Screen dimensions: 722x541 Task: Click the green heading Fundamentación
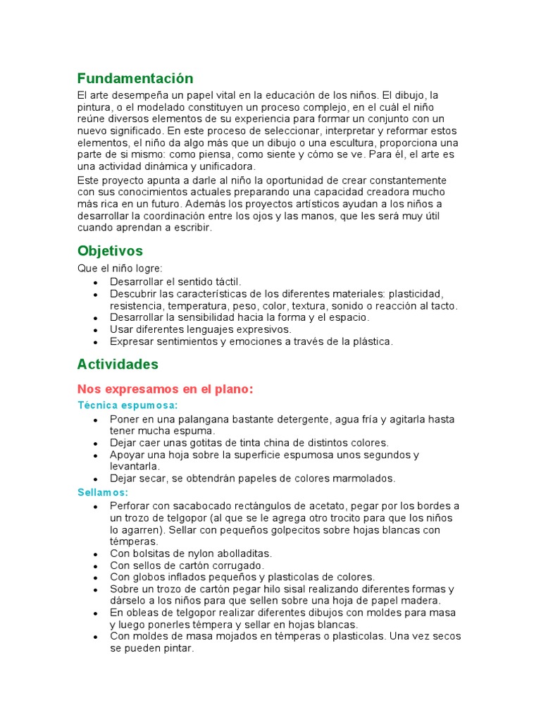pos(135,78)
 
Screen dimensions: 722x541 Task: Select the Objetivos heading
pos(110,251)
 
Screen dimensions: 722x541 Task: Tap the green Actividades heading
pos(118,365)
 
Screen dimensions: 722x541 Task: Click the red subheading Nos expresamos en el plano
pos(165,389)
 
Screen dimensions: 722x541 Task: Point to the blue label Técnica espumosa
pos(128,405)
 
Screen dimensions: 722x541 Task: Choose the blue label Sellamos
pos(103,492)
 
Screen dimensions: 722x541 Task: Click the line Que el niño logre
pos(120,268)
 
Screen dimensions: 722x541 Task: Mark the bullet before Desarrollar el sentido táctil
pos(94,281)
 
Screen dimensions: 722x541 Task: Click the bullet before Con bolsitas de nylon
pos(94,554)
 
